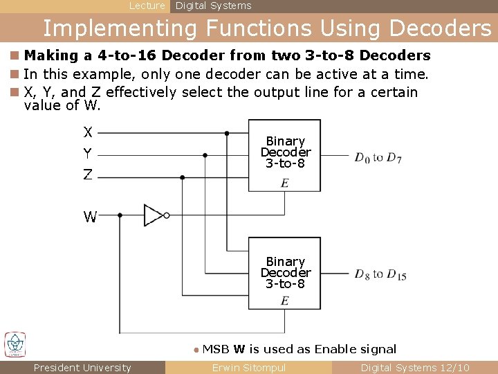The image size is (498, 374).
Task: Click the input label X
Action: pos(88,132)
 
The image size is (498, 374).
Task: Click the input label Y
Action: pos(88,153)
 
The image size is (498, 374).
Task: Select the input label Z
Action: pos(88,175)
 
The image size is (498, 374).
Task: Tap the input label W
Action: pos(90,217)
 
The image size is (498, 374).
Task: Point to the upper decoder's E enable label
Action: pos(284,184)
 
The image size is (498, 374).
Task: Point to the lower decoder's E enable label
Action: pos(284,301)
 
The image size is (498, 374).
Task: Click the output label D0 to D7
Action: pos(378,158)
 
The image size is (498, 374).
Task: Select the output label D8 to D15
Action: pos(380,274)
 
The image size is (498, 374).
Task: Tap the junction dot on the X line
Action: pos(248,132)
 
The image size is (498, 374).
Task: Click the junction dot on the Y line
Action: pos(205,155)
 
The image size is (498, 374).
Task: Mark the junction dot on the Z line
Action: pos(183,177)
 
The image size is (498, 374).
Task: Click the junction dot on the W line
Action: pos(120,215)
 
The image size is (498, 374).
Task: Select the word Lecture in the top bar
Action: pos(147,6)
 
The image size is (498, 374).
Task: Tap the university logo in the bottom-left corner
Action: pos(15,344)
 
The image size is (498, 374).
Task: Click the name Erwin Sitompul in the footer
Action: pos(248,368)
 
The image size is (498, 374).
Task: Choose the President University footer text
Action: pos(82,368)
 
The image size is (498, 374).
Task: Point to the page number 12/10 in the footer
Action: pos(455,368)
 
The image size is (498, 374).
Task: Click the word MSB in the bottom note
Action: pos(216,349)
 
